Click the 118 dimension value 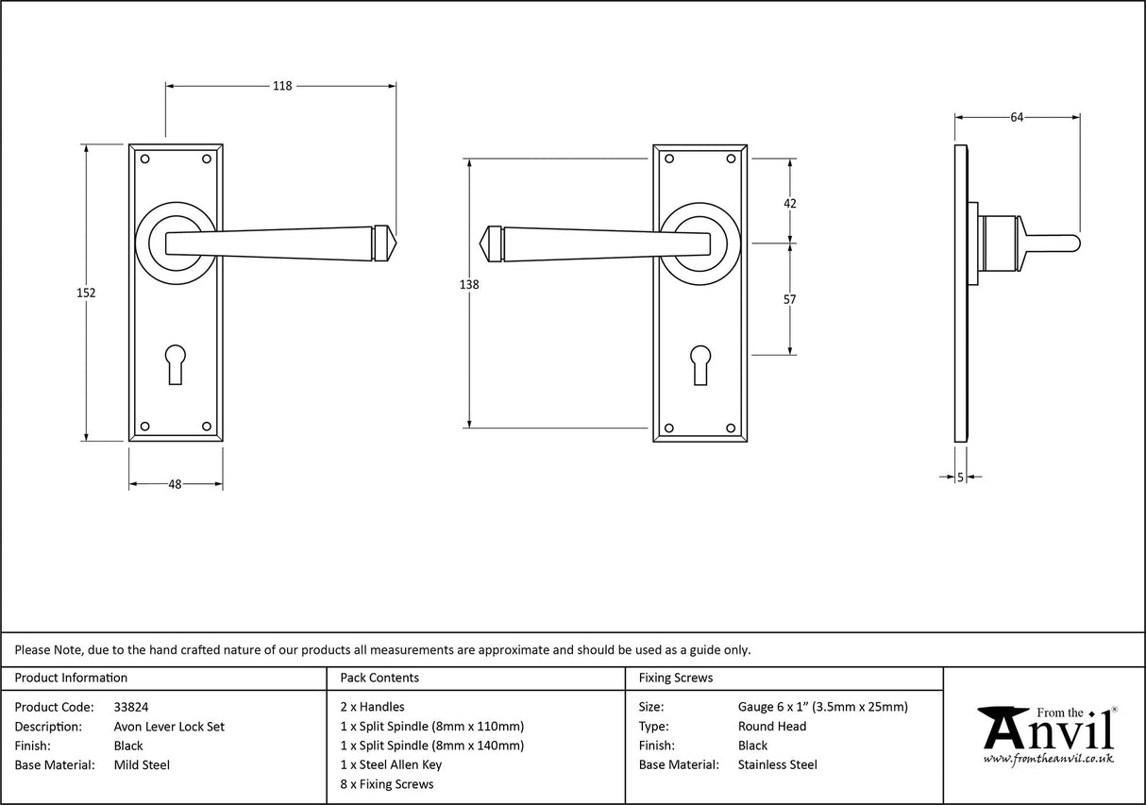[x=281, y=86]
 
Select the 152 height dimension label [x=86, y=293]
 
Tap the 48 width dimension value [x=175, y=484]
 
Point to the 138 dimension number [x=469, y=285]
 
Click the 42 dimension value [x=790, y=203]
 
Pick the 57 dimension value [x=790, y=300]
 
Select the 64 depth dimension [x=1017, y=118]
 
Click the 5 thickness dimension [x=960, y=478]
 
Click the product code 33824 [x=130, y=707]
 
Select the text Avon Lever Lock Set [x=169, y=727]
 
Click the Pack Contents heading [x=379, y=678]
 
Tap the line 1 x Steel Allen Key [x=391, y=765]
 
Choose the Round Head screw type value [x=772, y=727]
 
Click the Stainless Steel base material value [x=778, y=765]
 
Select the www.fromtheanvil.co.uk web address [x=1048, y=759]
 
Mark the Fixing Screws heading [x=676, y=678]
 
